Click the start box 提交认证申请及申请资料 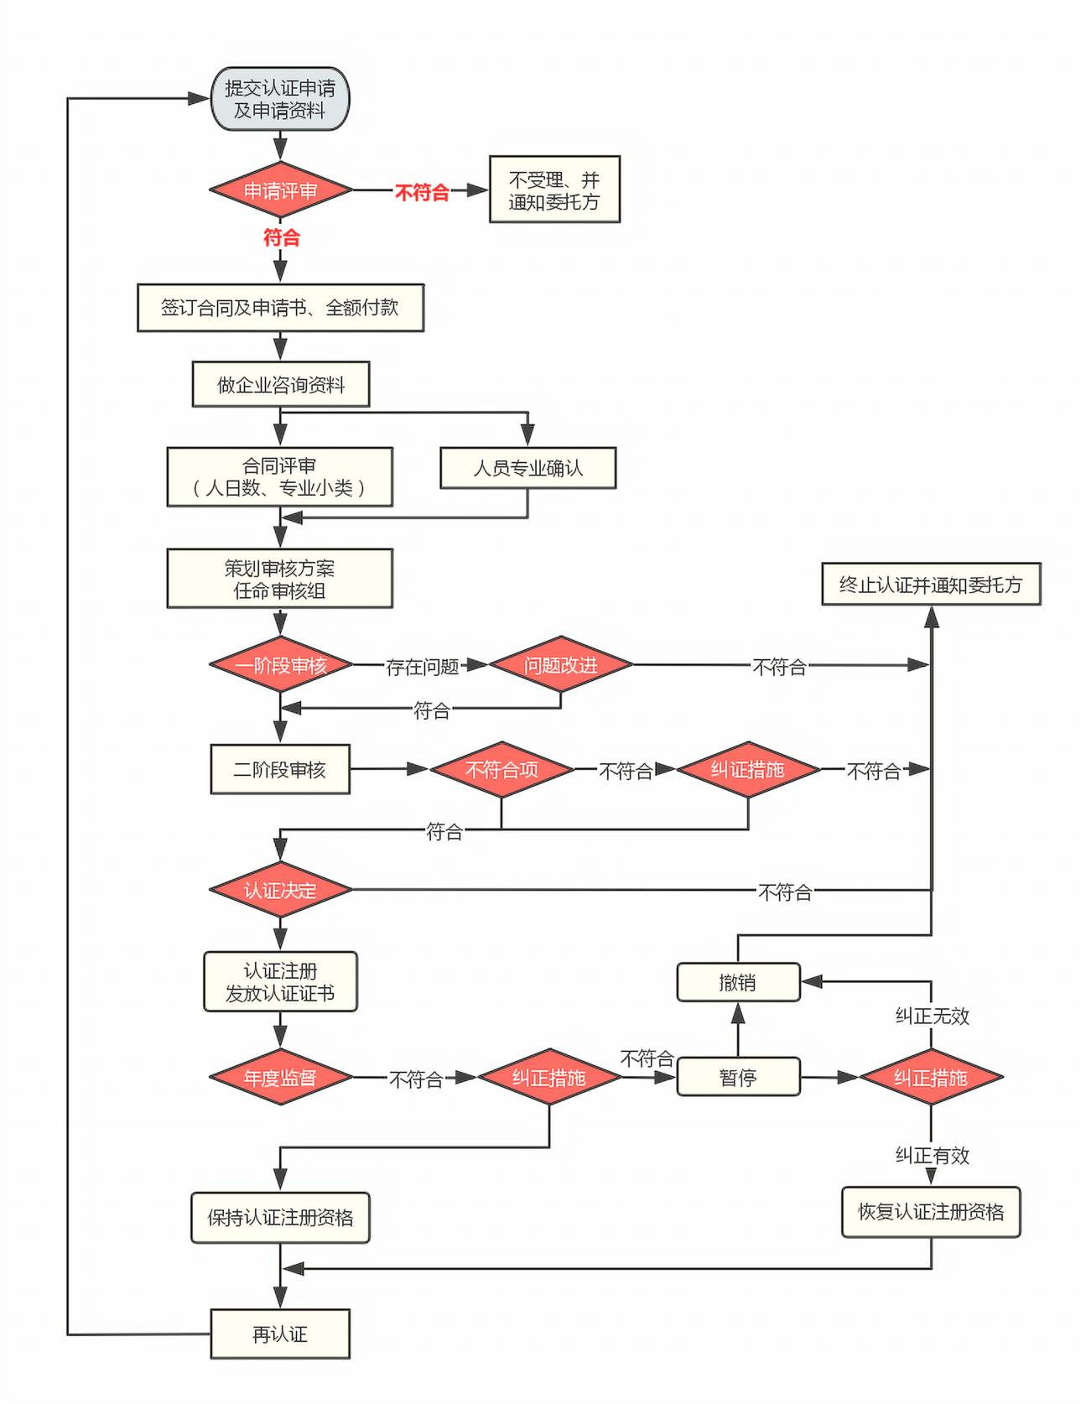pyautogui.click(x=279, y=99)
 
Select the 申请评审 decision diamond pyautogui.click(x=280, y=190)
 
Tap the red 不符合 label pyautogui.click(x=422, y=193)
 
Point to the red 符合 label pyautogui.click(x=281, y=237)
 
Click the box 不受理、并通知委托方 pyautogui.click(x=554, y=190)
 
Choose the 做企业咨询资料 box pyautogui.click(x=280, y=385)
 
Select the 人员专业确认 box pyautogui.click(x=527, y=468)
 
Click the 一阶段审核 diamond pyautogui.click(x=280, y=665)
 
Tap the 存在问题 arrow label pyautogui.click(x=422, y=667)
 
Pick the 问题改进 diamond pyautogui.click(x=560, y=665)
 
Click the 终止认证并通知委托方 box pyautogui.click(x=931, y=585)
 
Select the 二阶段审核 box pyautogui.click(x=279, y=769)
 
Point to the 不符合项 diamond pyautogui.click(x=501, y=769)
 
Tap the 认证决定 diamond pyautogui.click(x=280, y=890)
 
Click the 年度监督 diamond pyautogui.click(x=280, y=1078)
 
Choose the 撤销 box pyautogui.click(x=738, y=982)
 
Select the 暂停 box pyautogui.click(x=738, y=1078)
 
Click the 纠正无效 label pyautogui.click(x=932, y=1017)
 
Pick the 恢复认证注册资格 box pyautogui.click(x=931, y=1212)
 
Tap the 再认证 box pyautogui.click(x=279, y=1334)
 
